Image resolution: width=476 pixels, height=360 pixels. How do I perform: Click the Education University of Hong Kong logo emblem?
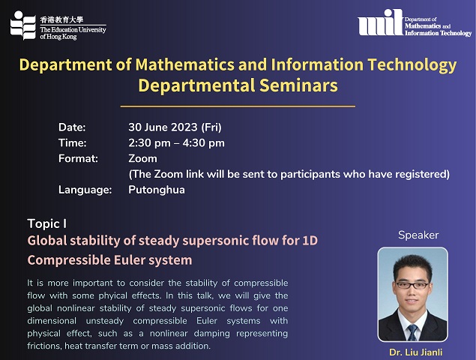click(22, 25)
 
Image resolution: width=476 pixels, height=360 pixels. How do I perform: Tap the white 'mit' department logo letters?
click(381, 22)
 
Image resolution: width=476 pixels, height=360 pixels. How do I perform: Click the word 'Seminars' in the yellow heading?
click(298, 85)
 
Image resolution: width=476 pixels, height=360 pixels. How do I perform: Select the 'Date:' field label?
click(72, 127)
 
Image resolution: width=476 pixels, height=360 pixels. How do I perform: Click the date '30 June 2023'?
click(163, 127)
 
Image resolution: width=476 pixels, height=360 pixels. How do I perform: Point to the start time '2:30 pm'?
click(149, 142)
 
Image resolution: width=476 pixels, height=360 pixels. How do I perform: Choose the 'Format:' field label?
click(78, 158)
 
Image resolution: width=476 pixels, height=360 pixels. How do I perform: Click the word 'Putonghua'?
click(157, 190)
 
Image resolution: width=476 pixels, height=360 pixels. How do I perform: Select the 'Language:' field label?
click(85, 190)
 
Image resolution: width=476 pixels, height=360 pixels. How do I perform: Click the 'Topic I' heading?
click(47, 224)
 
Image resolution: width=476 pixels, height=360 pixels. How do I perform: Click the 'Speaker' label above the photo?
click(418, 235)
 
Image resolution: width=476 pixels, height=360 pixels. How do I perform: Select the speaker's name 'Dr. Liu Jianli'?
click(415, 352)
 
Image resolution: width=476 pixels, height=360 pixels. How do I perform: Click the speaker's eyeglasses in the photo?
click(412, 285)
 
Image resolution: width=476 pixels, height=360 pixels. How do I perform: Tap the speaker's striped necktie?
click(412, 332)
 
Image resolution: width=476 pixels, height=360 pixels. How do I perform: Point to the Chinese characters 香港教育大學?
click(61, 20)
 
